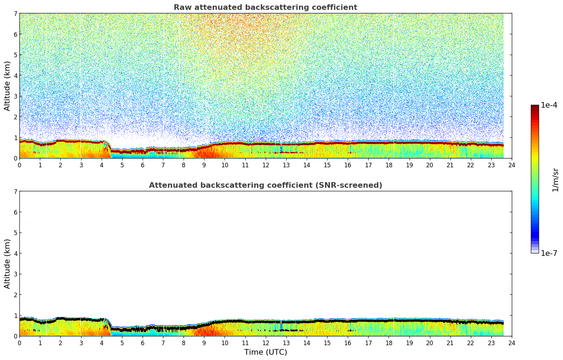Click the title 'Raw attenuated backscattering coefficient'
pos(265,7)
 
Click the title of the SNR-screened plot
pos(265,185)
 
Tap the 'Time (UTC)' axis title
pos(265,352)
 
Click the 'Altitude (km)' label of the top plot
pos(7,86)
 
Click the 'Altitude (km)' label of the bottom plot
pos(7,264)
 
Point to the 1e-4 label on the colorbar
pos(549,105)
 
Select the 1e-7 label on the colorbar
pos(549,253)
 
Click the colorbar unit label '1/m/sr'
pos(555,180)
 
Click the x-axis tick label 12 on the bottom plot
pos(265,343)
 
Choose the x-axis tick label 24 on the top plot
pos(512,165)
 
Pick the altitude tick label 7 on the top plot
pos(15,14)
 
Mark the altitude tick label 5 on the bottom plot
pos(15,233)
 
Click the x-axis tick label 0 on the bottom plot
pos(19,343)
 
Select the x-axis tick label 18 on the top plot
pos(389,165)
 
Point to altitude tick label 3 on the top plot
pos(15,96)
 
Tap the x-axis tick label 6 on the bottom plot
pos(143,343)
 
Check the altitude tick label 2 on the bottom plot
pos(15,295)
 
